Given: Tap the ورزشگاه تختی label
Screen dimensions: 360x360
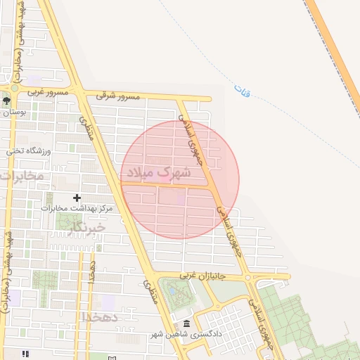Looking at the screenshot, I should [25, 150].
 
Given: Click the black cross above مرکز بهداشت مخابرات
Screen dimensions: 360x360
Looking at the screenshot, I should [77, 198].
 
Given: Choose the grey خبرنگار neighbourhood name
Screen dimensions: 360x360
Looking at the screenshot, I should [89, 227].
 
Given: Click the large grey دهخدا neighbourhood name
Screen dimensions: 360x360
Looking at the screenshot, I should [103, 317].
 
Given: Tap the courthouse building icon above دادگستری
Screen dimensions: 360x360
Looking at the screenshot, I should [174, 321].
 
